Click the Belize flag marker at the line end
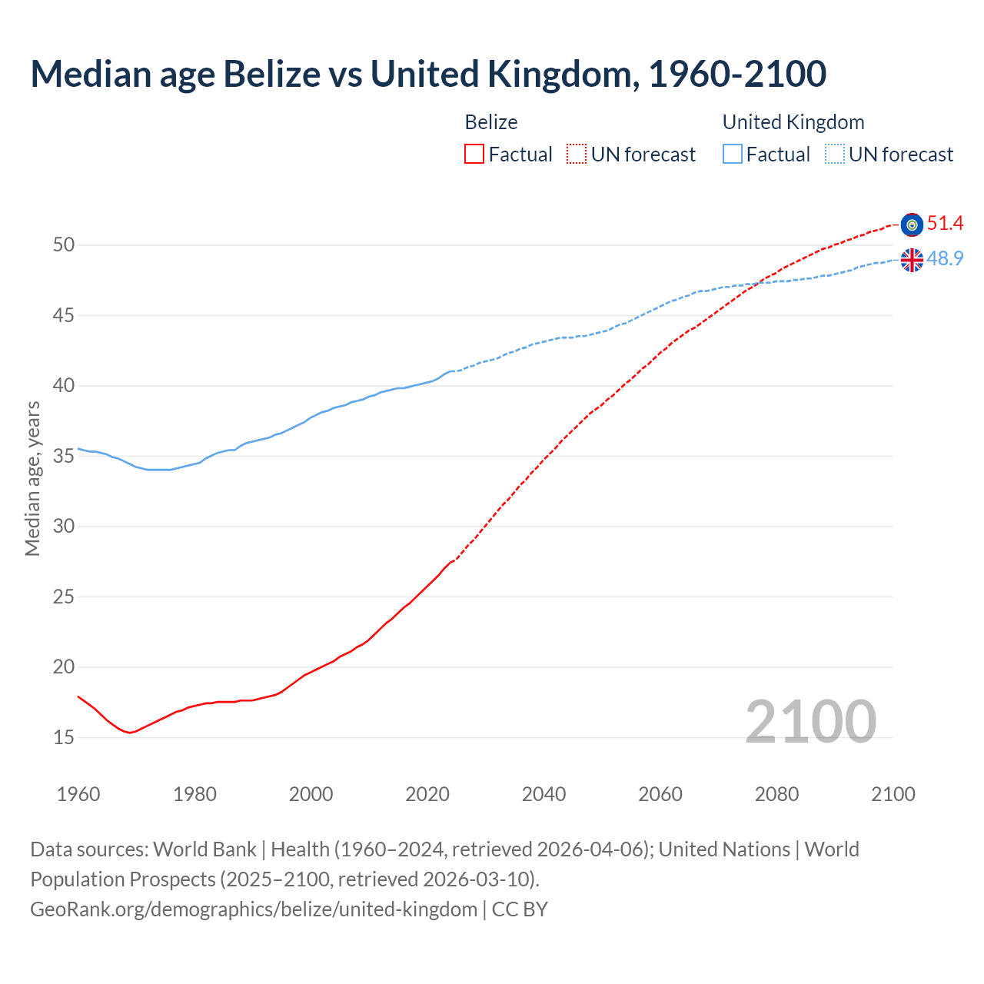pos(912,224)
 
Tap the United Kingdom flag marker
pos(912,260)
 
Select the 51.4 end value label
pos(945,224)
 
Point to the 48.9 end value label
pos(945,259)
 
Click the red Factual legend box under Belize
pos(474,155)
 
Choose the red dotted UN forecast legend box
pos(577,155)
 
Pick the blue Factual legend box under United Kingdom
pos(733,155)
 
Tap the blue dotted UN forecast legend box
pos(835,155)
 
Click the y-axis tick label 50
pos(64,245)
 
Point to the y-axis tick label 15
pos(64,738)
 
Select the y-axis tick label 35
pos(64,457)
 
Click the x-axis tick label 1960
pos(78,795)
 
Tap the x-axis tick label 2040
pos(544,795)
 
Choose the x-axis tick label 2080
pos(776,795)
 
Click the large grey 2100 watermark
pos(810,721)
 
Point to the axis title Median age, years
pos(32,478)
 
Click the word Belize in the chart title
pos(271,74)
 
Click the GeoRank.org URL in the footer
pos(254,909)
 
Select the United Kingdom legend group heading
pos(793,122)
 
